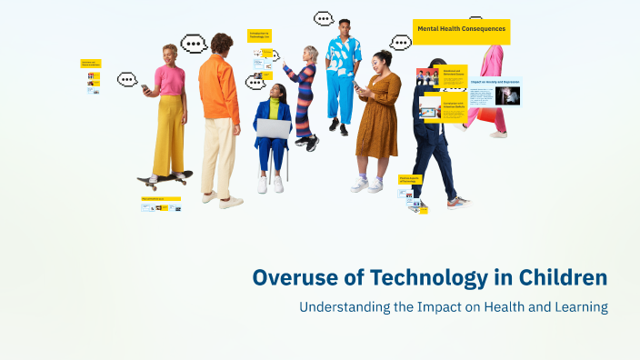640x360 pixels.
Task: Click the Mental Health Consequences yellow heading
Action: (x=461, y=30)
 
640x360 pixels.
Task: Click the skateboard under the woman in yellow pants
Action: (x=165, y=177)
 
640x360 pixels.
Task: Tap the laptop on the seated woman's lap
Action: (x=272, y=128)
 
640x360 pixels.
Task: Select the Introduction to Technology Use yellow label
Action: (x=259, y=35)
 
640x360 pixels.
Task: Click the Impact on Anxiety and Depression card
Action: (x=495, y=91)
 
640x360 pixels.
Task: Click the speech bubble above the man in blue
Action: (x=324, y=18)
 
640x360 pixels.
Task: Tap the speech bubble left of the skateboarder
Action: (x=127, y=79)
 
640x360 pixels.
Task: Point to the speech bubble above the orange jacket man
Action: (x=194, y=44)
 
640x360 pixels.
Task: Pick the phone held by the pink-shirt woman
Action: (x=145, y=87)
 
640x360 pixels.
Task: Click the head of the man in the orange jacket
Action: (x=221, y=43)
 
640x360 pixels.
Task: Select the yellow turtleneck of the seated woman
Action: (x=274, y=107)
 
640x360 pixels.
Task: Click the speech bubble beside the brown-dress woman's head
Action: (x=400, y=42)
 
